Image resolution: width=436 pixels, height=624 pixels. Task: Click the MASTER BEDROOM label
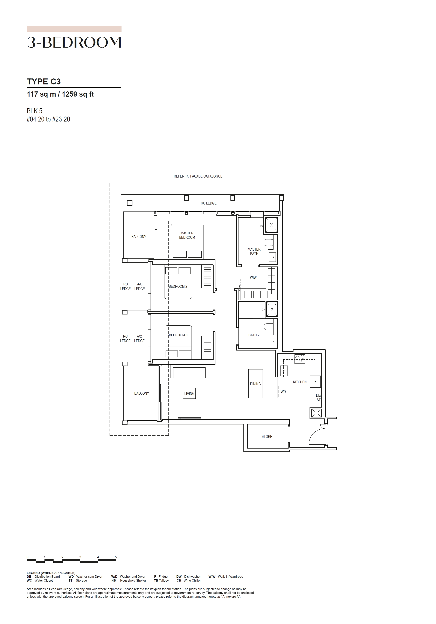point(187,235)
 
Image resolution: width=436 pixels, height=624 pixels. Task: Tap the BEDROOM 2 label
point(178,286)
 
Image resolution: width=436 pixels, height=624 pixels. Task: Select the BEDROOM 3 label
point(178,335)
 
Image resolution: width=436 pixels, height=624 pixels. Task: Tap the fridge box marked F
point(316,381)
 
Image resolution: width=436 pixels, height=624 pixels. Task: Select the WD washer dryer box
point(283,392)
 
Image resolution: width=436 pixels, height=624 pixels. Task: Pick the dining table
point(256,384)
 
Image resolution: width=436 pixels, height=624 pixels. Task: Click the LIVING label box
point(189,393)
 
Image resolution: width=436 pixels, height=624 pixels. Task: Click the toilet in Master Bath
point(269,242)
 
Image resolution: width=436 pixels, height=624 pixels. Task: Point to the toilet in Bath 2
point(269,327)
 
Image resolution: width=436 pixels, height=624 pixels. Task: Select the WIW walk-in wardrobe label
point(253,277)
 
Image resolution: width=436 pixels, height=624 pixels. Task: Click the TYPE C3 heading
point(44,82)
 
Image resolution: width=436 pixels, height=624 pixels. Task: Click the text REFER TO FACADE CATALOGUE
point(198,176)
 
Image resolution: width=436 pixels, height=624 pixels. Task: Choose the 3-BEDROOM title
point(74,42)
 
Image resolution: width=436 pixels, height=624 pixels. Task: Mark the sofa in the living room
point(189,372)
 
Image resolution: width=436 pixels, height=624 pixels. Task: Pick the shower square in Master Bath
point(271,225)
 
